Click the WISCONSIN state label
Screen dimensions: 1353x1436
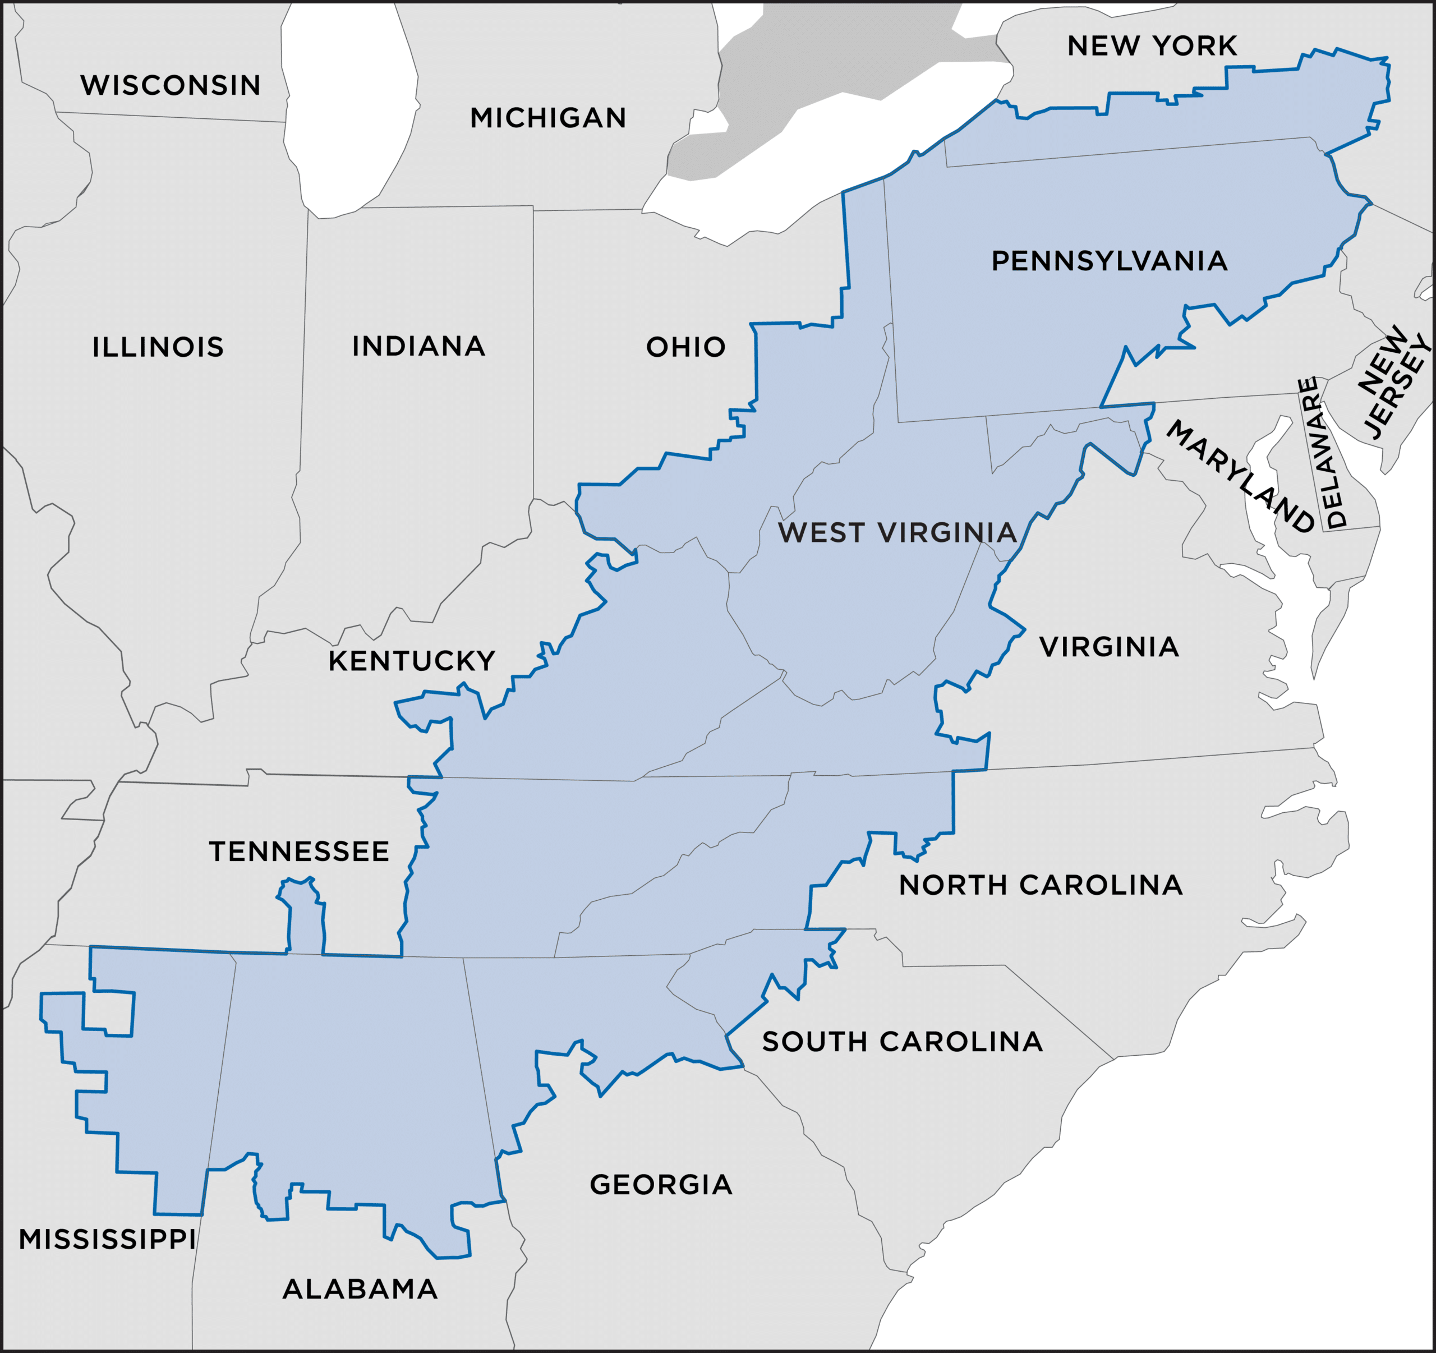click(171, 85)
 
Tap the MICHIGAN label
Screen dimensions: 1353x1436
click(548, 118)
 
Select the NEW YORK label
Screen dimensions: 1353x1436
click(1152, 46)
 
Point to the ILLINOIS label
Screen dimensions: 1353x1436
click(158, 347)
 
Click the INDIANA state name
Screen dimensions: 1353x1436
click(419, 346)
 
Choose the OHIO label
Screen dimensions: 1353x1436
click(686, 347)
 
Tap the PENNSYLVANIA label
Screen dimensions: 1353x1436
click(1110, 261)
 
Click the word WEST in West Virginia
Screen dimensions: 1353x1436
click(821, 533)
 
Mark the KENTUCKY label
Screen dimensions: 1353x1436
click(412, 661)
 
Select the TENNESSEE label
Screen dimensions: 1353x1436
click(300, 852)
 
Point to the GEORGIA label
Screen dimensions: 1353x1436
click(661, 1185)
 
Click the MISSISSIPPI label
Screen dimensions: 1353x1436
click(108, 1240)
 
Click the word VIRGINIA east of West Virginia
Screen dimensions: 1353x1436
click(1110, 647)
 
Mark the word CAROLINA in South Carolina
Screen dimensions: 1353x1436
click(961, 1042)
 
